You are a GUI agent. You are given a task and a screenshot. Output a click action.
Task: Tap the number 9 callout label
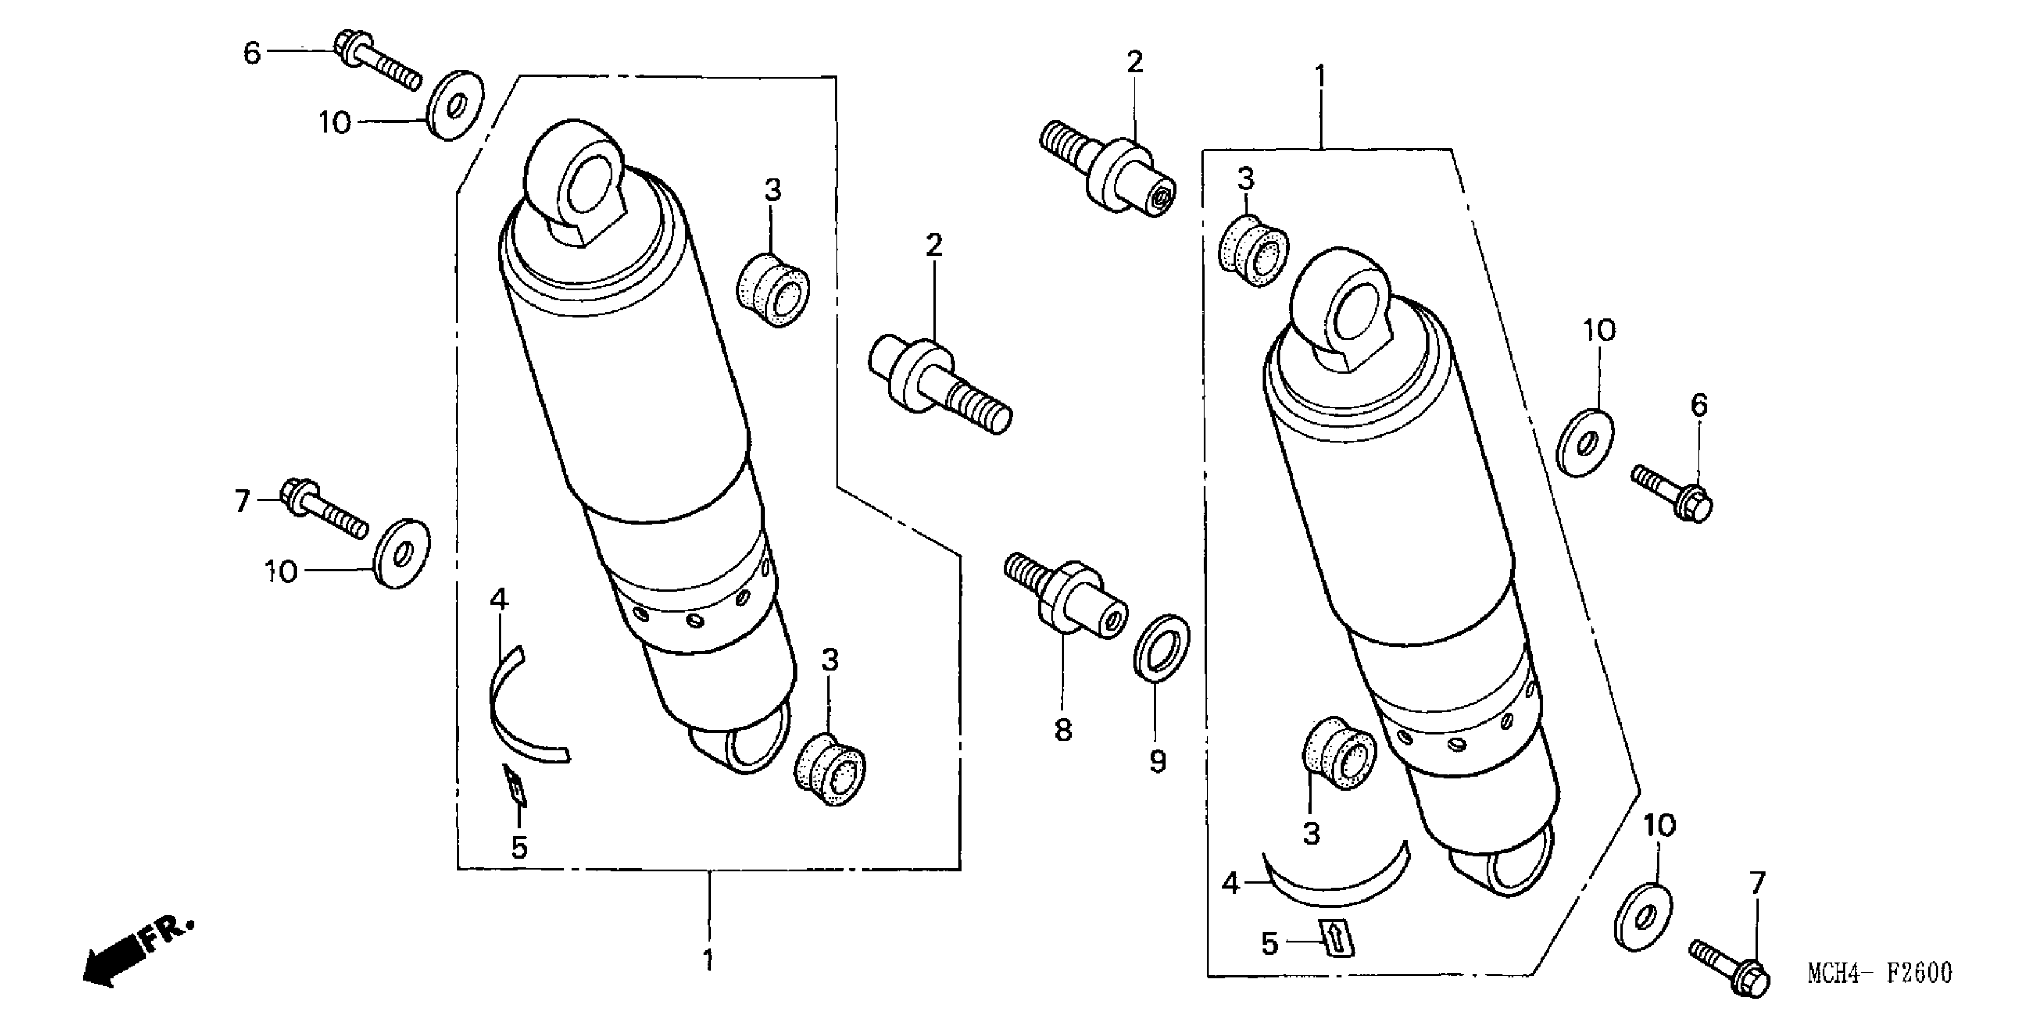tap(1157, 762)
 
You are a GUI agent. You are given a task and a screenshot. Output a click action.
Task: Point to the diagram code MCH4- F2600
tap(1879, 973)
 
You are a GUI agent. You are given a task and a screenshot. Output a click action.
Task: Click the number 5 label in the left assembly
tap(519, 848)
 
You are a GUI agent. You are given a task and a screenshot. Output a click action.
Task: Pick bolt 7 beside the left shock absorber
tap(324, 509)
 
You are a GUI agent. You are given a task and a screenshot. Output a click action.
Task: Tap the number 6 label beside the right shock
tap(1699, 405)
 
